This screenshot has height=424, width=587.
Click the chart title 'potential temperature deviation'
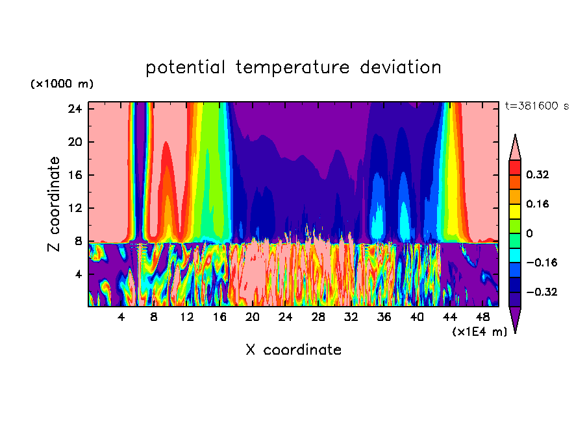pos(293,67)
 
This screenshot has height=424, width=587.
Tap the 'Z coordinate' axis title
pos(55,204)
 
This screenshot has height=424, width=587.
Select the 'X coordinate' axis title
pos(293,350)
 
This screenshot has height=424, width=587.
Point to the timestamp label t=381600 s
pos(536,106)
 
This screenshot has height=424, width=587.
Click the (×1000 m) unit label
pos(62,84)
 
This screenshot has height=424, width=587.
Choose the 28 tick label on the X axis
pos(318,317)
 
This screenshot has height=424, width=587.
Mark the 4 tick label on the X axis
pos(121,317)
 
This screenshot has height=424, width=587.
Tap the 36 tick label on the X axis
pos(384,317)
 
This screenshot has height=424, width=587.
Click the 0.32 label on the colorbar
pos(538,174)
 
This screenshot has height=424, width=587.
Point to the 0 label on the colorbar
pos(529,233)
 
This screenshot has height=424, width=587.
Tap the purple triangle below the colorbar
pos(515,318)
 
